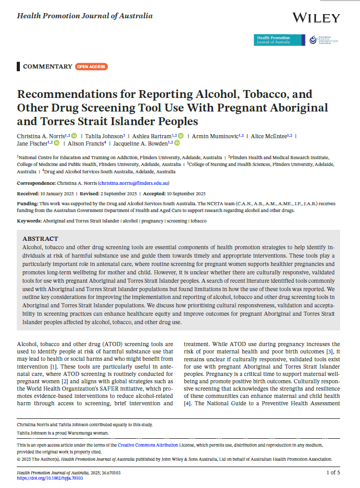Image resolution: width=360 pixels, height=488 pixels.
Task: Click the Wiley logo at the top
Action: [x=316, y=18]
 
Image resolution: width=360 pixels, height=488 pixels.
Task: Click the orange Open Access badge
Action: [x=92, y=66]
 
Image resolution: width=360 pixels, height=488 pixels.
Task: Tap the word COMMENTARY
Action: [x=48, y=66]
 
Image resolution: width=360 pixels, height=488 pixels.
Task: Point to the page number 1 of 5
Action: [x=333, y=473]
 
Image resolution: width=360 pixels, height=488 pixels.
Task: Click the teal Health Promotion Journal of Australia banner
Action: [x=279, y=40]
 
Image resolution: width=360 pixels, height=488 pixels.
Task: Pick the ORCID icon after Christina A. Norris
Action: [x=74, y=136]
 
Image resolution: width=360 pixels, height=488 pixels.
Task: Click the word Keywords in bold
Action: [x=29, y=221]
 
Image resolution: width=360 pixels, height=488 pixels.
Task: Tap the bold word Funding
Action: [x=27, y=202]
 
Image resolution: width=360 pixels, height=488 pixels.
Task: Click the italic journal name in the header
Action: [x=85, y=16]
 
